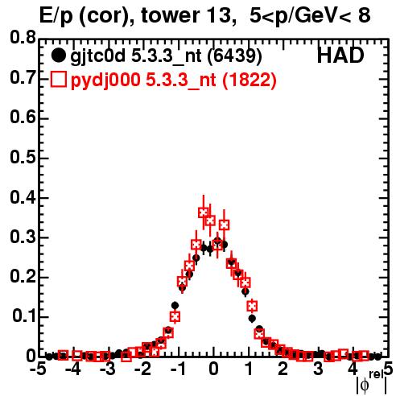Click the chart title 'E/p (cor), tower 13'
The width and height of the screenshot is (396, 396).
(135, 15)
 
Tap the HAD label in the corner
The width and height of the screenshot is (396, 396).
(340, 56)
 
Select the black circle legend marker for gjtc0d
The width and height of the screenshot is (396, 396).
(58, 56)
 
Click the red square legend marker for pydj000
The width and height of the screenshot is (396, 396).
(58, 80)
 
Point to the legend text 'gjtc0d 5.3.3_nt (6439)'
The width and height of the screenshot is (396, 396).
(166, 56)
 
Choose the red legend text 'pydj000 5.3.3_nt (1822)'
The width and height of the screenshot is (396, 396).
(173, 80)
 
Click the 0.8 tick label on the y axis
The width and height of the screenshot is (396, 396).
(23, 38)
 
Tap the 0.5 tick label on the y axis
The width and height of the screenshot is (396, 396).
(23, 157)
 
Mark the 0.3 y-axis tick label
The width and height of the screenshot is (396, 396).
(23, 237)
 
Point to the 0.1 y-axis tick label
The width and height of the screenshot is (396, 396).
(24, 316)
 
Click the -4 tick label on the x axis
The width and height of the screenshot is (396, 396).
(73, 369)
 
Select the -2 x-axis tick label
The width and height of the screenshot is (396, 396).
(144, 369)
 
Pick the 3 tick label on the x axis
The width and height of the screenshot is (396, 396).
(318, 369)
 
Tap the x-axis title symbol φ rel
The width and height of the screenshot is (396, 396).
(372, 382)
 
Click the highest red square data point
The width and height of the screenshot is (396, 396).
(204, 212)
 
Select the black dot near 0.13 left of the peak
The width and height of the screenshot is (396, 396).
(175, 305)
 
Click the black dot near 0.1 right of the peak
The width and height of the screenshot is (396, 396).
(252, 319)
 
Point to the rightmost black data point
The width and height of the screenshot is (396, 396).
(377, 357)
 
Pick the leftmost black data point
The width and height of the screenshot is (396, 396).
(49, 357)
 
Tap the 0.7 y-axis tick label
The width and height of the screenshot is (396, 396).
(23, 78)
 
